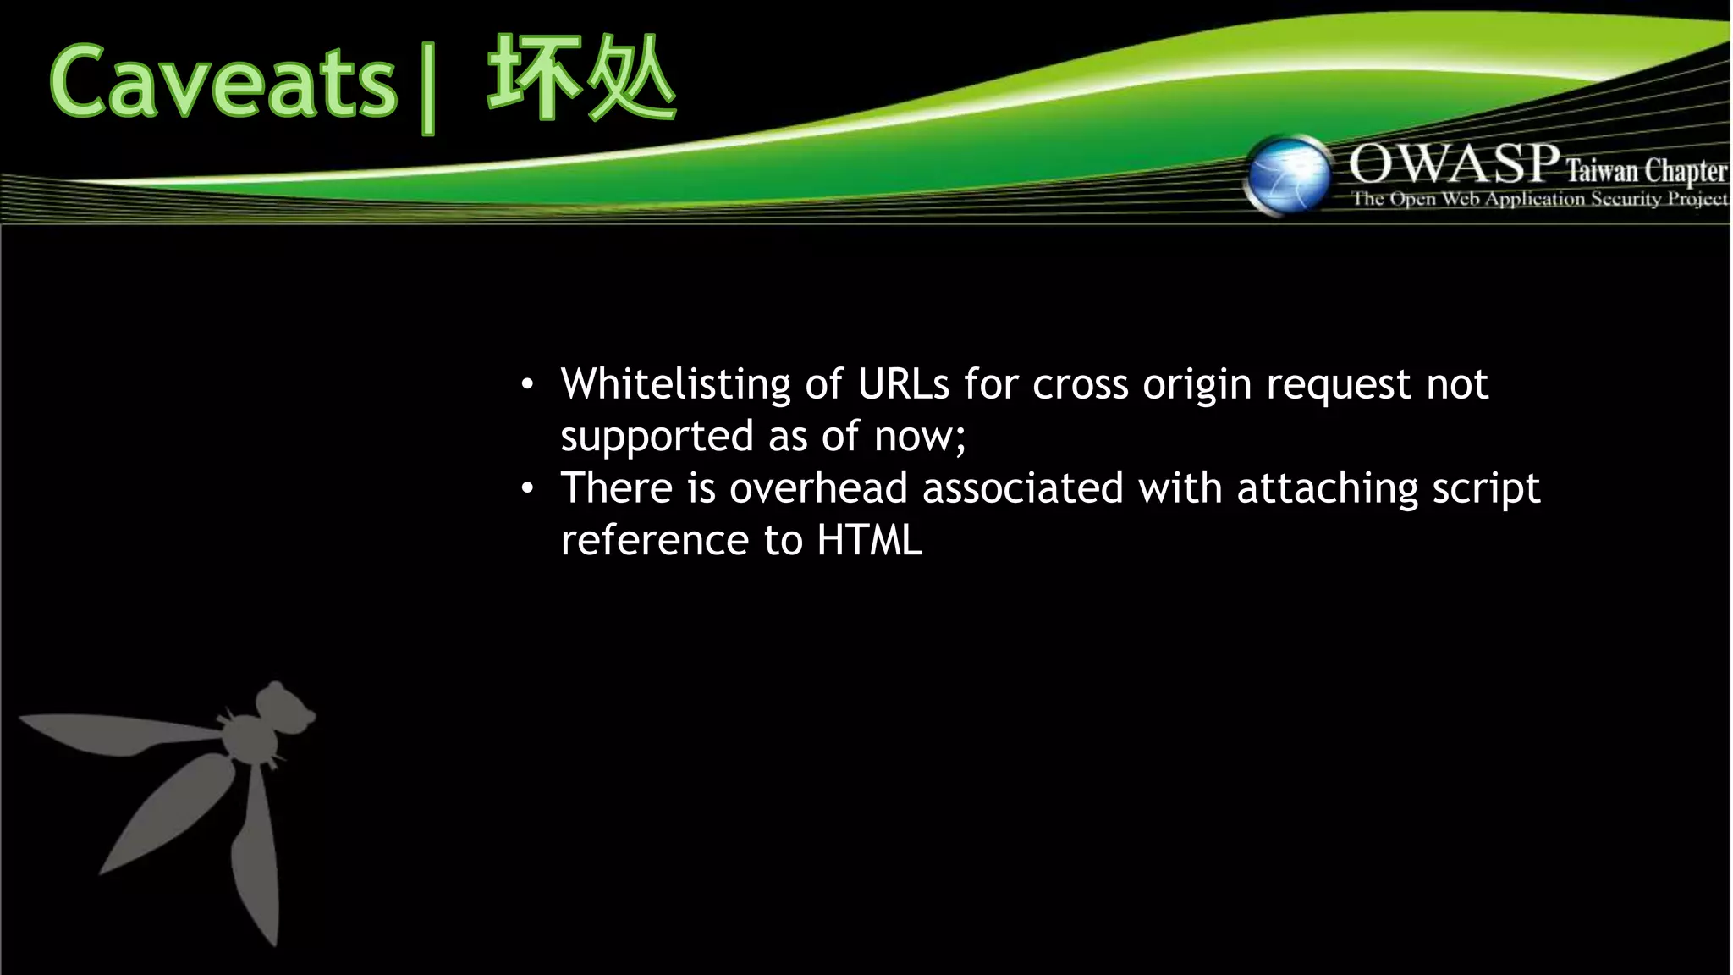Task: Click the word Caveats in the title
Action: (223, 82)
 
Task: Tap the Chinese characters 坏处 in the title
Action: (581, 79)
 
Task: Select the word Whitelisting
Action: (675, 384)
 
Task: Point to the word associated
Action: (1022, 488)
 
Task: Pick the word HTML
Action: (869, 541)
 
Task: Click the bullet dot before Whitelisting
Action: (527, 386)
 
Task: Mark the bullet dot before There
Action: (527, 489)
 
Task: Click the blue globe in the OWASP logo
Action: (1288, 176)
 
